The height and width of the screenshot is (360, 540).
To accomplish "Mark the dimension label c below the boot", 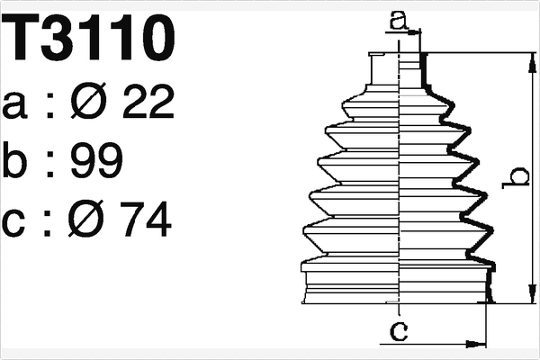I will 399,331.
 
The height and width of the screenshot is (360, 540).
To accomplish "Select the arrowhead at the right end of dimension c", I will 481,343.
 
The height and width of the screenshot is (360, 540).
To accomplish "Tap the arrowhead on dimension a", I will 416,31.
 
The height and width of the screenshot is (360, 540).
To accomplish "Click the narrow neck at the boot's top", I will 397,71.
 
